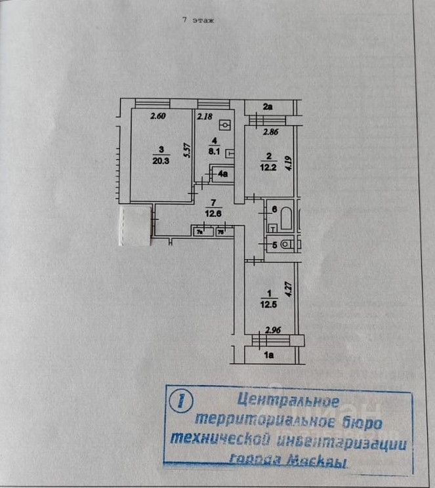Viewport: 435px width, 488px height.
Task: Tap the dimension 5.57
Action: click(187, 152)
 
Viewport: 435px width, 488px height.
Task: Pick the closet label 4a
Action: click(224, 174)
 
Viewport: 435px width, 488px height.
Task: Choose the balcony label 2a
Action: click(268, 106)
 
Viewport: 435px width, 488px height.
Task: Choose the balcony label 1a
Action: click(268, 355)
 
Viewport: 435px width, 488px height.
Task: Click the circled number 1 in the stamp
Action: click(178, 399)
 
